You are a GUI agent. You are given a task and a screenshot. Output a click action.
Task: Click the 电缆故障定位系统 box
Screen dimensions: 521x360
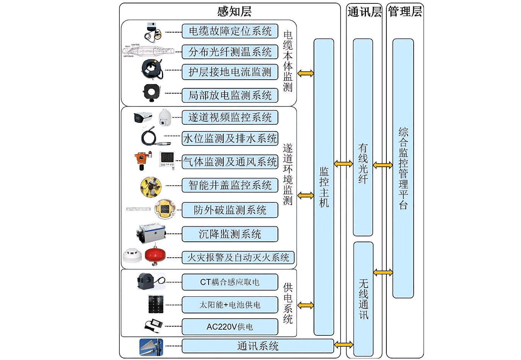tap(230, 31)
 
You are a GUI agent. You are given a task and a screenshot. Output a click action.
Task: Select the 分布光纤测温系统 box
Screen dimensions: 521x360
tap(230, 52)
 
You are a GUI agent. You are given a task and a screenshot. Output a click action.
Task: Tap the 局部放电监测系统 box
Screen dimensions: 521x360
tap(230, 95)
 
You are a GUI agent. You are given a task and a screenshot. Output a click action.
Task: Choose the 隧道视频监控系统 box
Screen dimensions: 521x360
tap(230, 117)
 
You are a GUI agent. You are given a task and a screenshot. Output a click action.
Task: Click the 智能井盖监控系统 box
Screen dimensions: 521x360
tap(230, 185)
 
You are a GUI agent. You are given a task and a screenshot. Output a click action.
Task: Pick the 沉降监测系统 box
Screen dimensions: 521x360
tap(230, 234)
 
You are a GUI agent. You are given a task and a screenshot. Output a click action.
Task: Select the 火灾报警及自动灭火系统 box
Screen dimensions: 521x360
tap(238, 258)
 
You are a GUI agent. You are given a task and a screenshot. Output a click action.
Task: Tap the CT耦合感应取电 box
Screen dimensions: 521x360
tap(230, 282)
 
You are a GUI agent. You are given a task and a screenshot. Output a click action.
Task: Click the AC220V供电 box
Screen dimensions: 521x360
tap(230, 327)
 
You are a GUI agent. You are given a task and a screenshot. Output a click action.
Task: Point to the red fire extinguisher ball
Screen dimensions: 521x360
tap(155, 256)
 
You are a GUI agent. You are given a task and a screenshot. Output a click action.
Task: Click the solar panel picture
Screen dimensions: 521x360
tap(156, 304)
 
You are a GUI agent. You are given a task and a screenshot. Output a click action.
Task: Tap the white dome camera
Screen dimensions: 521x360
tap(165, 117)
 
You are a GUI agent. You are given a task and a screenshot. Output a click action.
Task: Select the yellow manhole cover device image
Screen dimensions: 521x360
tap(151, 187)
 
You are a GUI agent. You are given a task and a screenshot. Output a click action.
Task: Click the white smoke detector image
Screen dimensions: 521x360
tap(132, 255)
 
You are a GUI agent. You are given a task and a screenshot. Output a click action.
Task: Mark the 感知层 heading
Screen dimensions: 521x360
tap(234, 11)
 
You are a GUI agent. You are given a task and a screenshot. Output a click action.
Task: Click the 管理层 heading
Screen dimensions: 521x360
tap(405, 11)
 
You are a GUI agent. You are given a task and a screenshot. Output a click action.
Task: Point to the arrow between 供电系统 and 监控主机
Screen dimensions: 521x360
tap(306, 305)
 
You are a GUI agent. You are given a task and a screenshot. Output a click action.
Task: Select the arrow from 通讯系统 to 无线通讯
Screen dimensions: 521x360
tap(344, 344)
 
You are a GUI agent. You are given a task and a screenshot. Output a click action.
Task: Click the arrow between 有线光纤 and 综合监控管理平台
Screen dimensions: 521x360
tap(383, 165)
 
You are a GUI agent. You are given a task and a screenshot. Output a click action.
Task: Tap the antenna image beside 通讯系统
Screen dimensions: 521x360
tap(151, 347)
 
